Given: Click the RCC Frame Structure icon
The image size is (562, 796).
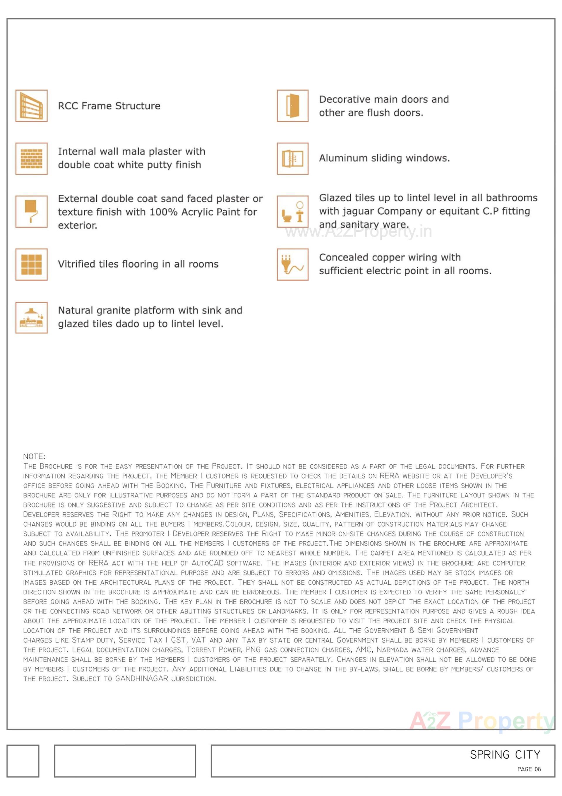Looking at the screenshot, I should (x=31, y=106).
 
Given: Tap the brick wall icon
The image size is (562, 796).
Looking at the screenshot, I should (x=31, y=158).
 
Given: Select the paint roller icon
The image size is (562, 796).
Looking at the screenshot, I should (x=31, y=212).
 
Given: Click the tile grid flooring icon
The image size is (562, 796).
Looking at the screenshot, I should (x=31, y=265).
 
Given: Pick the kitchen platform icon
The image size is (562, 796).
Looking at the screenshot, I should (x=31, y=318).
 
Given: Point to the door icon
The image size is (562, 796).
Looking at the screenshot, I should (x=292, y=106).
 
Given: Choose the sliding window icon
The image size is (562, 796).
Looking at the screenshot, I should (x=292, y=158).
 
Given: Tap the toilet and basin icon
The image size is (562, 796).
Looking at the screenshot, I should (x=292, y=212).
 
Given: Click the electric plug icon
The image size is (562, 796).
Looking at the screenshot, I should (x=292, y=265).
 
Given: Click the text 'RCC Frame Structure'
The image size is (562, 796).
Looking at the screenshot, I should (x=109, y=106).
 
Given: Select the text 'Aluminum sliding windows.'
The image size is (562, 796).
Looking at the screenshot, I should (x=384, y=158).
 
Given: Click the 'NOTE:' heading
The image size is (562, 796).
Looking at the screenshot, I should (x=34, y=456).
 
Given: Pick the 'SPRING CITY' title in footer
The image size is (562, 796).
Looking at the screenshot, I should (x=505, y=755).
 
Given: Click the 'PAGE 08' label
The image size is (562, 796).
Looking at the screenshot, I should (x=529, y=769).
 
